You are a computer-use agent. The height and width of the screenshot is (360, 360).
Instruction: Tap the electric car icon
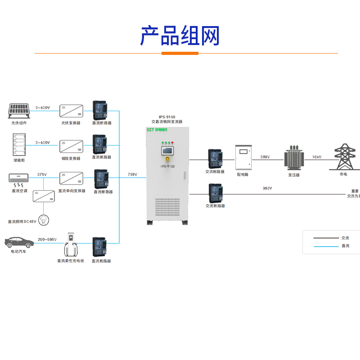click(19, 242)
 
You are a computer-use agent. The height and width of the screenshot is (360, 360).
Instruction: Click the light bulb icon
click(44, 220)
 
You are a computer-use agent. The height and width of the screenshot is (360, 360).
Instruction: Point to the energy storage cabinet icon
click(19, 144)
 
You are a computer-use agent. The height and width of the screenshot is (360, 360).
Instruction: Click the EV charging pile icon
click(70, 245)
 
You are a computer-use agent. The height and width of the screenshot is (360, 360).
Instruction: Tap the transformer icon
click(294, 157)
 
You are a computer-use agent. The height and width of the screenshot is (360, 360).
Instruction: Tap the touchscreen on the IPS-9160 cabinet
click(168, 150)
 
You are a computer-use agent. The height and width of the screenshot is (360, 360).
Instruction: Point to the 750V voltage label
click(132, 174)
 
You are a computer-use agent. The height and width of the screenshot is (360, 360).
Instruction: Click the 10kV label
click(317, 157)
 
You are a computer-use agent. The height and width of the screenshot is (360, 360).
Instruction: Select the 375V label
click(42, 174)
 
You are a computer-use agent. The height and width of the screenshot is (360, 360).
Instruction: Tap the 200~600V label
click(47, 240)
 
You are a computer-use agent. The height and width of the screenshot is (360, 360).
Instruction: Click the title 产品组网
click(180, 36)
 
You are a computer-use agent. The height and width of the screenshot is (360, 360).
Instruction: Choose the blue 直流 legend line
click(326, 246)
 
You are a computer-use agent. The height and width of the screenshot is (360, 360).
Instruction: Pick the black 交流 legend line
click(326, 238)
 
